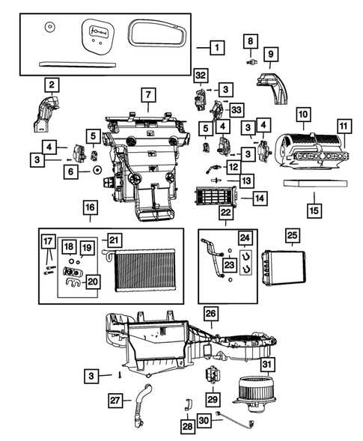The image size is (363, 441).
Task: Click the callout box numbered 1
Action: [217, 47]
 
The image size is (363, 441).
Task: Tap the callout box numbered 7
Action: [148, 95]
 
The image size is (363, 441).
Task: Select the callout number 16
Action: [91, 207]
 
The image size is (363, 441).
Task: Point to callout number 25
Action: [292, 235]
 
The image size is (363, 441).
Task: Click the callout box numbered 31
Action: [267, 365]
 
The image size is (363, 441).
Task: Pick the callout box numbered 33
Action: [237, 109]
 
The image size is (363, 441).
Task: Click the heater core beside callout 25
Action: [284, 267]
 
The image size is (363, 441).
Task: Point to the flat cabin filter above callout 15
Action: [315, 183]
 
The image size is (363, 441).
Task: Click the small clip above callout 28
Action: [188, 404]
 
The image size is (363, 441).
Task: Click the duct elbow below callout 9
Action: [272, 88]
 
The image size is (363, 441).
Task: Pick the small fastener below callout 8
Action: [251, 61]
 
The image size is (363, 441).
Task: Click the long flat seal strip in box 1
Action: [78, 64]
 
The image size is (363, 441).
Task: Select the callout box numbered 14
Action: [260, 198]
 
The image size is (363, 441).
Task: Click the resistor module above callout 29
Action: [213, 374]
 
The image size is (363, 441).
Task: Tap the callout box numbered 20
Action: [93, 282]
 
